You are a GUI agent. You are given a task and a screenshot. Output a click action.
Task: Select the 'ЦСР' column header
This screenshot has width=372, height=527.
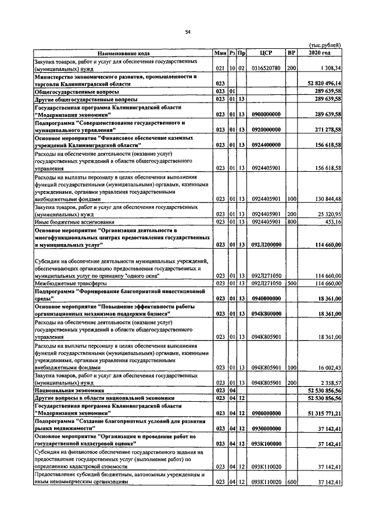pyautogui.click(x=267, y=53)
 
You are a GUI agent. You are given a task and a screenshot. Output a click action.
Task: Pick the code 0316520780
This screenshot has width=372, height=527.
pyautogui.click(x=267, y=68)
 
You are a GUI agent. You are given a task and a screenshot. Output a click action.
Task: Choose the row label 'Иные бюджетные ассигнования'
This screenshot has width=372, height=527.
pyautogui.click(x=74, y=221)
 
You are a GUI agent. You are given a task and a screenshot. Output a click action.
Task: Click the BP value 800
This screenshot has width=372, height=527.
pyautogui.click(x=292, y=221)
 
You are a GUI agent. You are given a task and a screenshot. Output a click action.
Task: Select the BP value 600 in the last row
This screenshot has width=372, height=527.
pyautogui.click(x=292, y=482)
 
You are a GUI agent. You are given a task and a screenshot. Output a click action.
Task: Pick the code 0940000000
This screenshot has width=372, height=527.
pyautogui.click(x=267, y=298)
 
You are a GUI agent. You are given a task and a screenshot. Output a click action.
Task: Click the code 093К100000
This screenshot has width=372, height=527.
pyautogui.click(x=267, y=444)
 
